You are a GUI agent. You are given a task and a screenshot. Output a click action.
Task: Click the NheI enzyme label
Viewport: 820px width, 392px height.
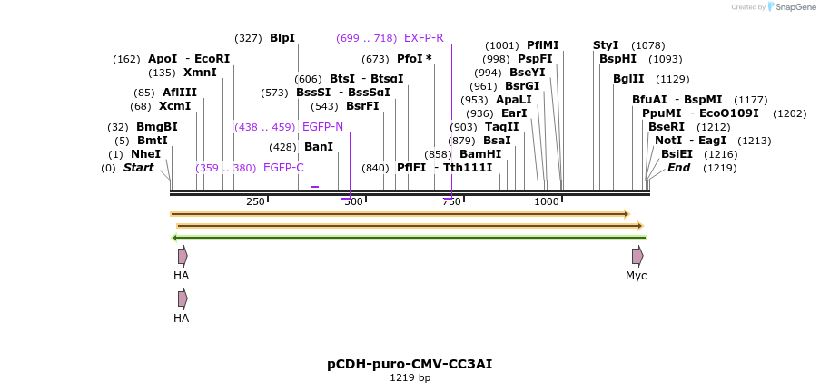[x=145, y=154]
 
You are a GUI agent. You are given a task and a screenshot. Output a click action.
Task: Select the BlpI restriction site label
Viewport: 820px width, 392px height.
[x=282, y=38]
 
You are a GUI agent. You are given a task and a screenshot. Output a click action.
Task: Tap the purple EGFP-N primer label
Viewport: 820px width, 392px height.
[x=322, y=127]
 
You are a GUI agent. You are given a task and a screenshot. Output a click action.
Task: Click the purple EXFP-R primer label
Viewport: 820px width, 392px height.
[x=423, y=38]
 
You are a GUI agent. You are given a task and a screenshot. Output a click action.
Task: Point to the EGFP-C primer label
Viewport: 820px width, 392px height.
[x=283, y=168]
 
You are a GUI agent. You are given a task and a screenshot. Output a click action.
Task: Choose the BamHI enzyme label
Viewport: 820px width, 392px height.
[x=480, y=154]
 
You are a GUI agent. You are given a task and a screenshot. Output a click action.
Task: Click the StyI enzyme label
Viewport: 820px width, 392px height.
[x=606, y=45]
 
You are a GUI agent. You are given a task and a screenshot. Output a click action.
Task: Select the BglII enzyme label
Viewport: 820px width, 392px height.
[x=628, y=79]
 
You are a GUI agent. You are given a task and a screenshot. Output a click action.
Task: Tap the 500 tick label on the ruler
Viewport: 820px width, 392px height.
[x=352, y=201]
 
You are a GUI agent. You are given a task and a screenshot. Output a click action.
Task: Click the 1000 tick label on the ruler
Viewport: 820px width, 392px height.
[x=547, y=201]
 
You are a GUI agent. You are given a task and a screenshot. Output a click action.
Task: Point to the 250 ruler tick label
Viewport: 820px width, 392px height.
[x=255, y=201]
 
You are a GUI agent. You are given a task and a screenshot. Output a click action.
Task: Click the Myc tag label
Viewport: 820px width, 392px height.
[x=637, y=276]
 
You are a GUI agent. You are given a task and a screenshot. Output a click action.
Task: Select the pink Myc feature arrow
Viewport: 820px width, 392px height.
[x=637, y=256]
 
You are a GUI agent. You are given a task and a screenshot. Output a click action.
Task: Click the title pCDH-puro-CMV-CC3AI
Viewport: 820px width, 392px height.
[x=410, y=364]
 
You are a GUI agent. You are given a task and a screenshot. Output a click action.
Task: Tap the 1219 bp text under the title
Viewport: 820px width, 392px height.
[x=410, y=377]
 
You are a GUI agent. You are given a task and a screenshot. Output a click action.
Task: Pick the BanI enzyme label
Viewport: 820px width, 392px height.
[x=319, y=147]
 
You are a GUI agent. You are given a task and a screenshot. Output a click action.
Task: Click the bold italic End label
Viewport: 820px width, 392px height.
[x=678, y=168]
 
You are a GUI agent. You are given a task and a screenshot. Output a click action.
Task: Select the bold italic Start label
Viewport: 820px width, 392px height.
[x=138, y=168]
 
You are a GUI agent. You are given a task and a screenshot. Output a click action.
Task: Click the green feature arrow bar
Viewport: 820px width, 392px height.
[x=409, y=238]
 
